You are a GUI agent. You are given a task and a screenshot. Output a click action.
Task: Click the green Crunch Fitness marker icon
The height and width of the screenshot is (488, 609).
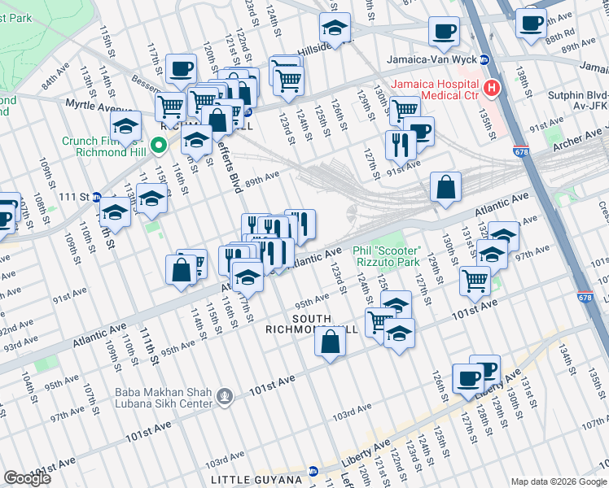pos(160,146)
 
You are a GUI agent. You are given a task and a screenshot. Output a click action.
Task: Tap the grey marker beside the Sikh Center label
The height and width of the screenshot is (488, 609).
pos(225,396)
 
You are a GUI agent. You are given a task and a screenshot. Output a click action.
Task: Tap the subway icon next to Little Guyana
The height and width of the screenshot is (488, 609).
pos(313,471)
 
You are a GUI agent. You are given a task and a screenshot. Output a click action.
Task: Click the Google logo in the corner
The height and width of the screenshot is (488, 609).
pos(28,478)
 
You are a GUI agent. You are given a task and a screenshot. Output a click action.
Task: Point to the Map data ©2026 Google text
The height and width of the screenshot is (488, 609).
pos(558,481)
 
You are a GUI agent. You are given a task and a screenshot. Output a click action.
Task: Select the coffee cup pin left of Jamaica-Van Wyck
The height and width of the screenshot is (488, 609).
pos(445,32)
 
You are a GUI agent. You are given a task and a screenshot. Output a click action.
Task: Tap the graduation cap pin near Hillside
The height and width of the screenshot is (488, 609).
pos(334,29)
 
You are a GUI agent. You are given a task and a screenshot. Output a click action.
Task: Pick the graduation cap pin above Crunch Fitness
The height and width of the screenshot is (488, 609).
pos(126,125)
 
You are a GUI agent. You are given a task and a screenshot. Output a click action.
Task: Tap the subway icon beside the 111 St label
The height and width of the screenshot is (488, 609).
pos(96,198)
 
